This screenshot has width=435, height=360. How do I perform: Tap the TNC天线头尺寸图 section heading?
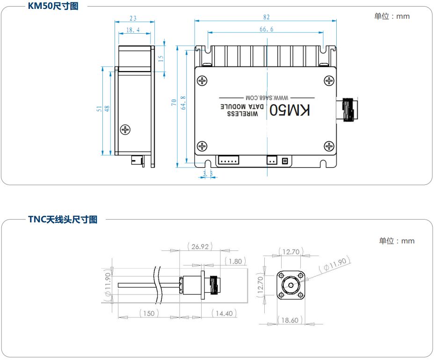point(63,219)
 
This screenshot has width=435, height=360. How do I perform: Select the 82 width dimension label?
point(266,17)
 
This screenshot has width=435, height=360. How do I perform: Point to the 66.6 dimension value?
point(266,29)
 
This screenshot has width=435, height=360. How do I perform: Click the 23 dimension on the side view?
point(133,18)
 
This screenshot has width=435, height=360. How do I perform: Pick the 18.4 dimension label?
point(133,30)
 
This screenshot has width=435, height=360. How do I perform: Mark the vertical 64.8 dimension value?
point(182,103)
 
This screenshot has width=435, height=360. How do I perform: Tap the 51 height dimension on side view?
point(99,108)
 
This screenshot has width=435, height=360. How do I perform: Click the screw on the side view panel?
point(125,129)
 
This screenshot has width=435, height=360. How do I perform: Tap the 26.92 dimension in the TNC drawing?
point(200,247)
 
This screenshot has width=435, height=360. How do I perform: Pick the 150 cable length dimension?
point(148,313)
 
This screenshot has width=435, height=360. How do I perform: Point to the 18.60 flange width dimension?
point(290,320)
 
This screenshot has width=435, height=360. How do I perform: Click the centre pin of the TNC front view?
point(290,285)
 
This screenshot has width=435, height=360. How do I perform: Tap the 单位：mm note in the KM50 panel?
point(391,16)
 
